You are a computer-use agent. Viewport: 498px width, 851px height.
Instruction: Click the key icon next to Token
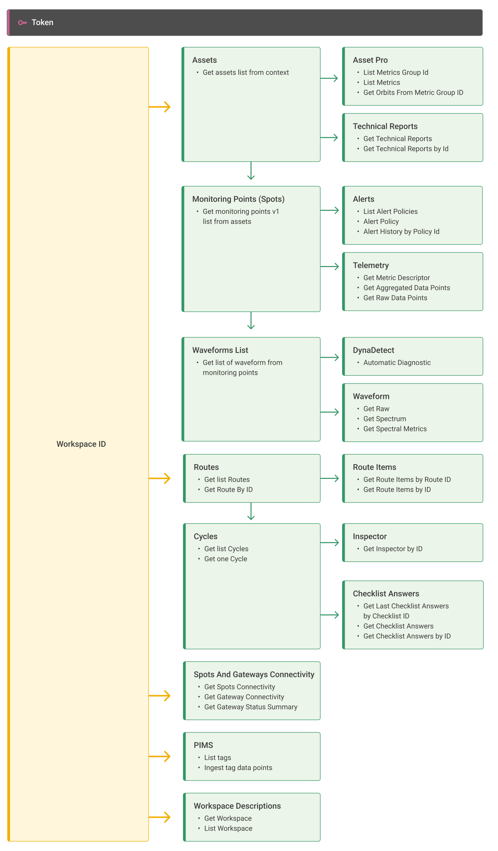(22, 23)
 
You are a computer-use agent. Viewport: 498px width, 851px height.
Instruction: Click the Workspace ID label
(81, 444)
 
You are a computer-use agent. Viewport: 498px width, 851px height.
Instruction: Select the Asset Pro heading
(370, 60)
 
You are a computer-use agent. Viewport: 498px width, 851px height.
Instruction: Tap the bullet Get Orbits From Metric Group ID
(413, 93)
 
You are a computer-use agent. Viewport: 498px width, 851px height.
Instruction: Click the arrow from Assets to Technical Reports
(329, 138)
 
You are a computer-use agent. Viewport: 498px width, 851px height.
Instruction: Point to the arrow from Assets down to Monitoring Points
(251, 171)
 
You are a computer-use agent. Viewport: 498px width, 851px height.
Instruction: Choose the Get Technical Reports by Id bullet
(406, 149)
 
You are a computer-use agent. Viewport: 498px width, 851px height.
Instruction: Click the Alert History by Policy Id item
(401, 231)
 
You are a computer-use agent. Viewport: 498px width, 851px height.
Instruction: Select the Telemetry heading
(371, 265)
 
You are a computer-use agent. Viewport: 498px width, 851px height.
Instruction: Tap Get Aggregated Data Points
(407, 288)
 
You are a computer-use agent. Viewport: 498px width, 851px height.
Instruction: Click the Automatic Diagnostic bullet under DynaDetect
(397, 362)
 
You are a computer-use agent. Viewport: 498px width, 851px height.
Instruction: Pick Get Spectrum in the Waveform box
(385, 419)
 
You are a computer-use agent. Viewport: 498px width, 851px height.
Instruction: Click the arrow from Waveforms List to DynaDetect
(329, 357)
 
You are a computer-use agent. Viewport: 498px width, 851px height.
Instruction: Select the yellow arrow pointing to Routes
(160, 478)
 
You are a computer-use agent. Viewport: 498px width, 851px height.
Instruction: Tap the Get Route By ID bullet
(228, 489)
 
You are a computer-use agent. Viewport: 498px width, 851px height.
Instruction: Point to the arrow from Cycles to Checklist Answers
(329, 615)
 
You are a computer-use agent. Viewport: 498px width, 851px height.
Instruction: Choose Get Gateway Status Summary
(251, 707)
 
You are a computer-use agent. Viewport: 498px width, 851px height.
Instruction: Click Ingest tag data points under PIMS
(238, 768)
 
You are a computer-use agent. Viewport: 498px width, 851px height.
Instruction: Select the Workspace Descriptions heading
(237, 806)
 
